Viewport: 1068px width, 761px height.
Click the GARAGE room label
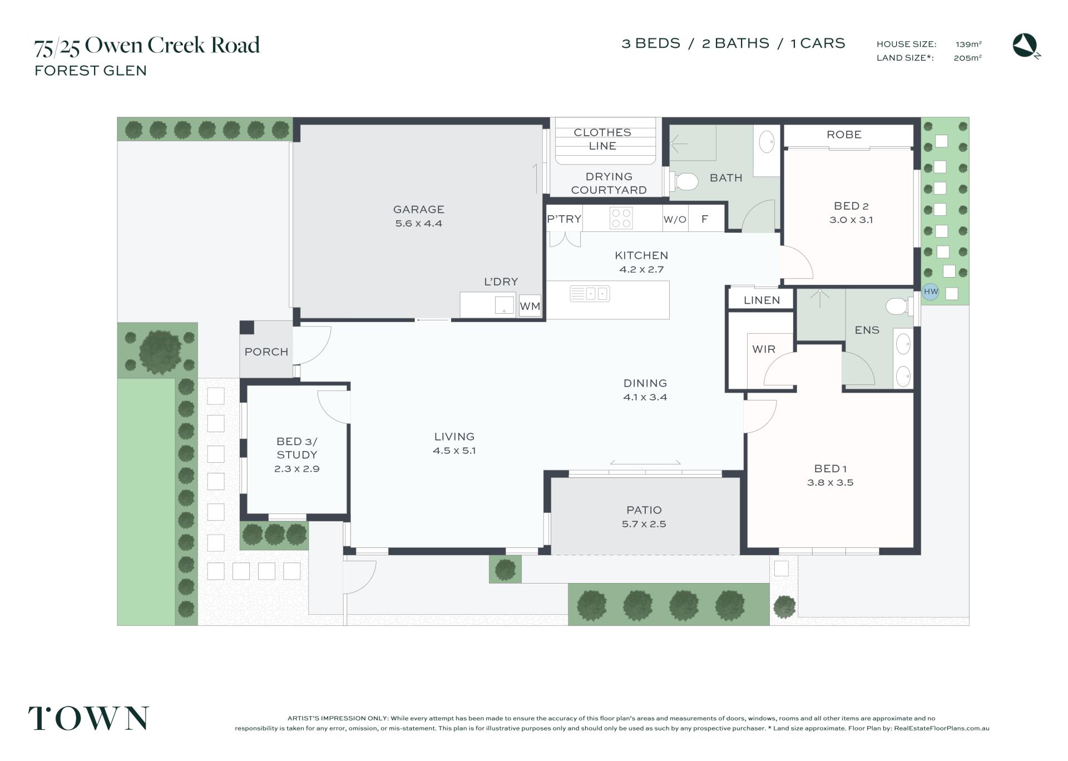[x=418, y=210]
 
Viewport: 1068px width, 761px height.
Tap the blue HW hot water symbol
[x=931, y=291]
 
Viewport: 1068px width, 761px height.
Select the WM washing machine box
[x=530, y=306]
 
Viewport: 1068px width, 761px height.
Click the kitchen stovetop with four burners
[x=621, y=218]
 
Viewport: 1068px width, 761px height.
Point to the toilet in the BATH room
[x=684, y=181]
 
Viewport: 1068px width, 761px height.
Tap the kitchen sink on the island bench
[x=590, y=293]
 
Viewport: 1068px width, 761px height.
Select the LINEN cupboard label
[x=762, y=300]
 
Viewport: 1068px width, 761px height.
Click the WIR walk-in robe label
[x=763, y=349]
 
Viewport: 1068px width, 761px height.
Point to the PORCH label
[x=266, y=352]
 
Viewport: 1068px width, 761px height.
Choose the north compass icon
[x=1026, y=46]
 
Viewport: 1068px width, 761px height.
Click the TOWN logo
[x=88, y=718]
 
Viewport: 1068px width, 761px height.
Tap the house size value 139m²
[x=968, y=44]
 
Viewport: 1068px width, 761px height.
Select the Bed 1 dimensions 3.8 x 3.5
[x=830, y=483]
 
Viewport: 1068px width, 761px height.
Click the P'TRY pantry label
[x=564, y=219]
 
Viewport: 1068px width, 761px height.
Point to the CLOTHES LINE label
[x=602, y=139]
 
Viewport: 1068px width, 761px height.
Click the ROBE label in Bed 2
[x=844, y=135]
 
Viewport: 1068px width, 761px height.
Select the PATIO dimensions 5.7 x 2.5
[x=644, y=524]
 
